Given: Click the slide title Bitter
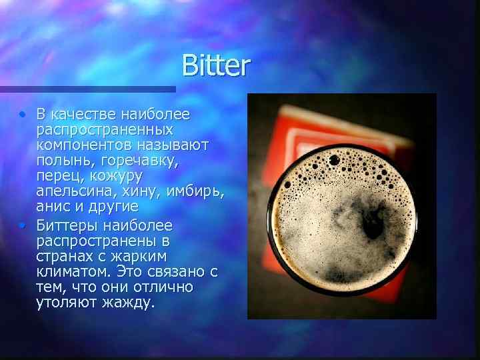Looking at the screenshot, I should tap(216, 66).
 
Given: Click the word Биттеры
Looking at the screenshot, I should tap(69, 224).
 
